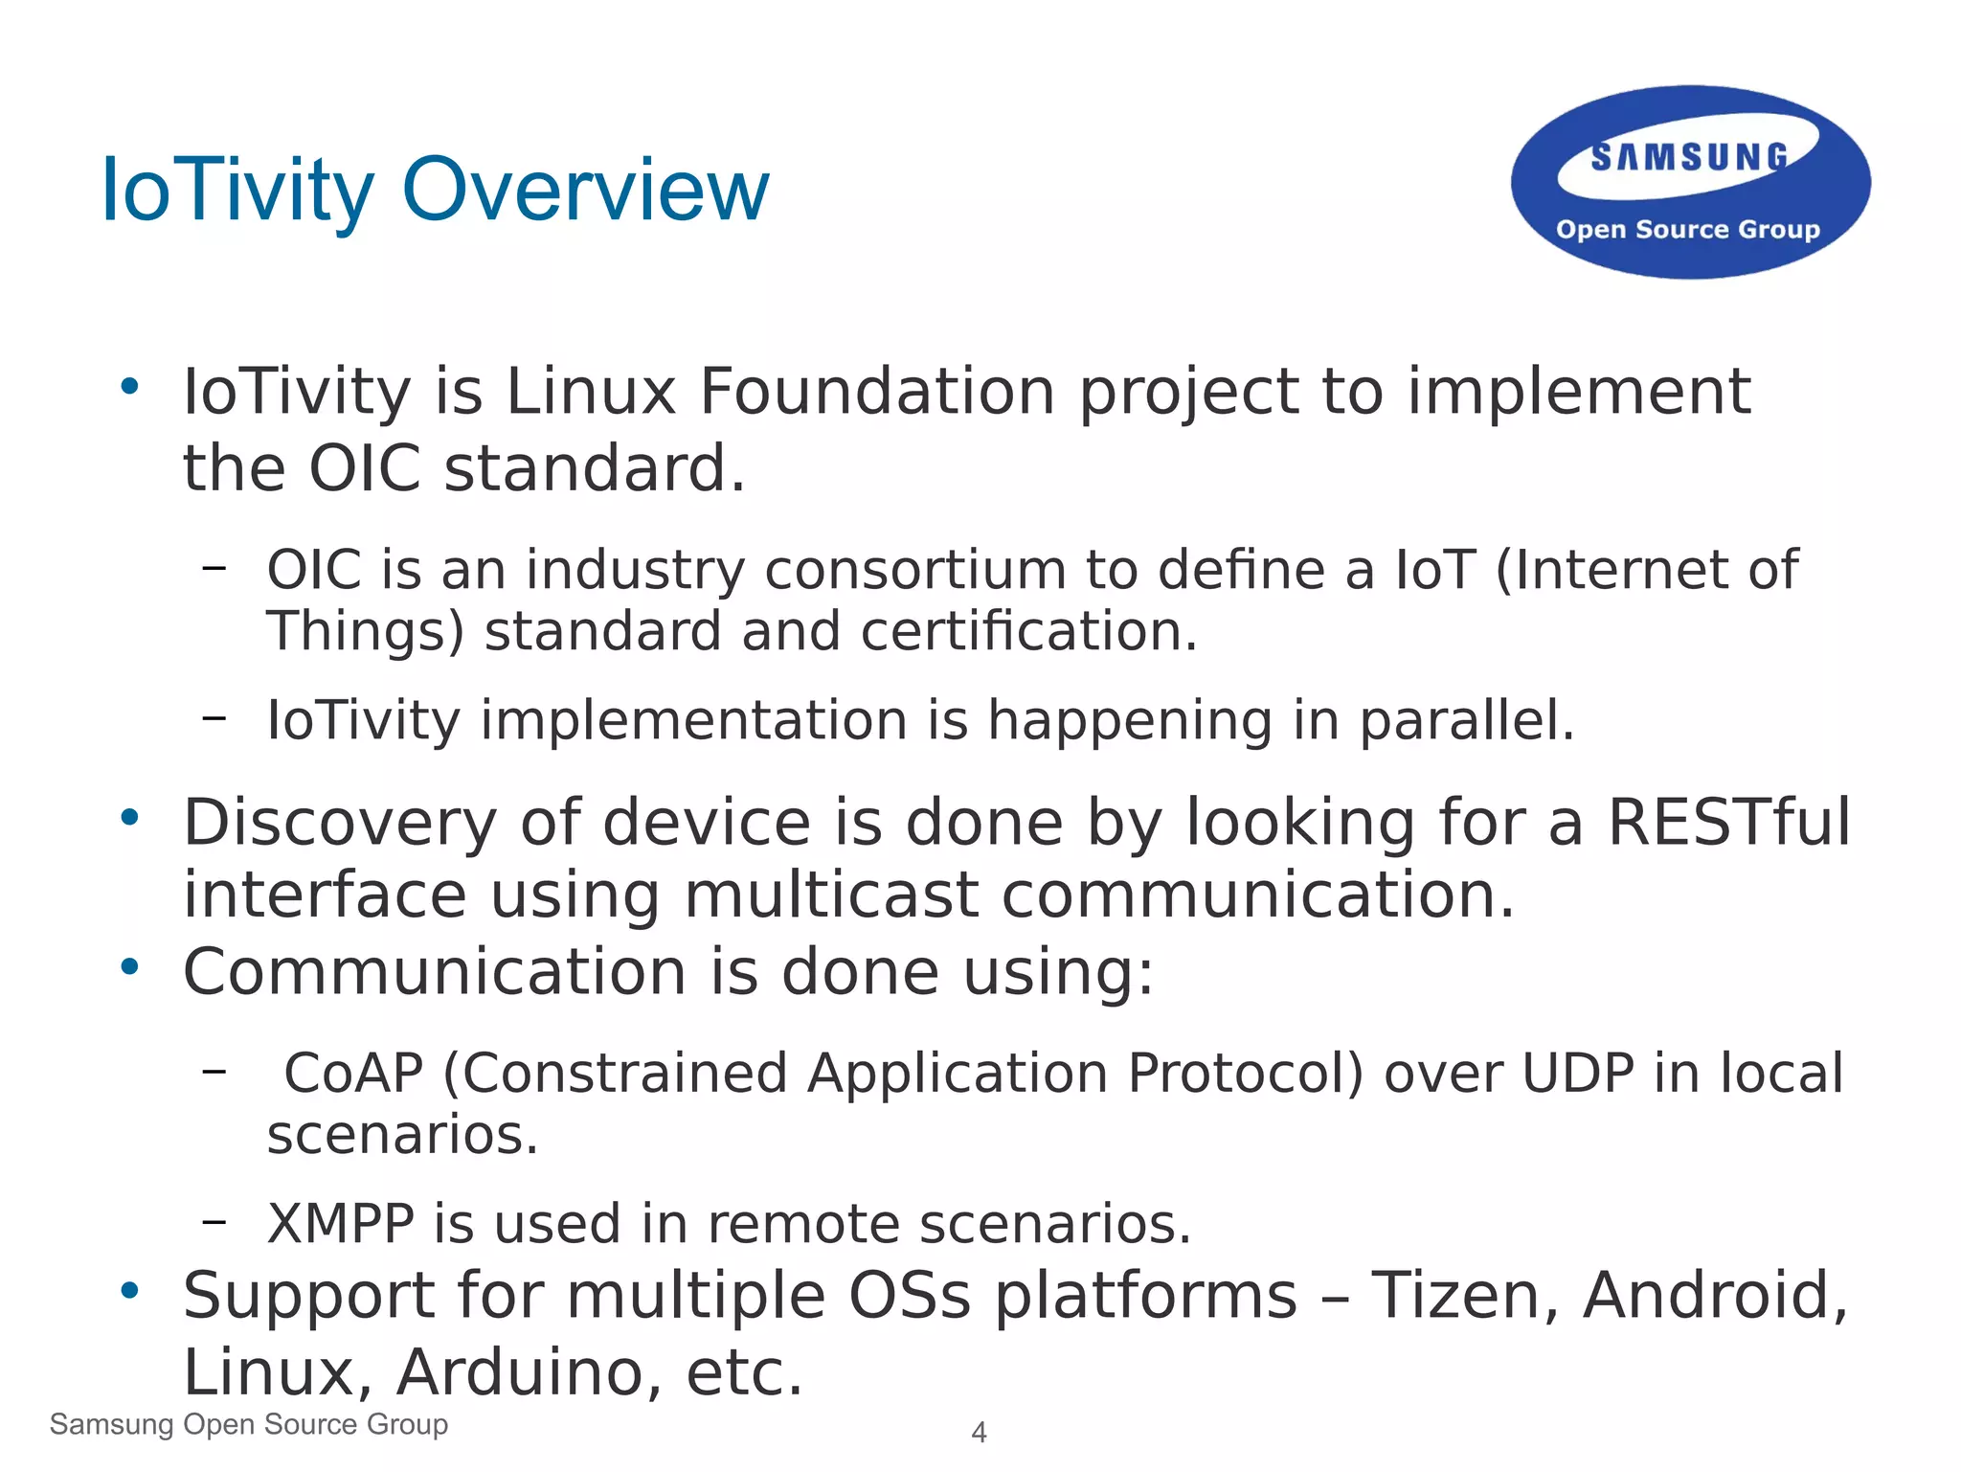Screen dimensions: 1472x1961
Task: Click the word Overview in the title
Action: click(x=585, y=191)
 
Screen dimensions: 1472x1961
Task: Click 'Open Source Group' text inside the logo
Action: click(x=1687, y=230)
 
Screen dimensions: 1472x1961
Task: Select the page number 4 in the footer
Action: click(x=979, y=1432)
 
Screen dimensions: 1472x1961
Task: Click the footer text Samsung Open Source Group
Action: click(x=249, y=1424)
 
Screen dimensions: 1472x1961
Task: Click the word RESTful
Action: click(x=1728, y=823)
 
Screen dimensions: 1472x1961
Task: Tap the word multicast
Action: click(x=831, y=895)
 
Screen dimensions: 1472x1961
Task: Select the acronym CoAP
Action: click(x=353, y=1073)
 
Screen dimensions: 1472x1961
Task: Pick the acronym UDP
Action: click(x=1577, y=1073)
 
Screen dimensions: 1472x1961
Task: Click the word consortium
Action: click(x=914, y=570)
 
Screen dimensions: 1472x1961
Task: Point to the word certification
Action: click(x=1028, y=632)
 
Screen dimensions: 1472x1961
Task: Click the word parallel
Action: click(x=1466, y=720)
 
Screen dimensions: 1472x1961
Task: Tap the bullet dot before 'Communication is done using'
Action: click(x=130, y=967)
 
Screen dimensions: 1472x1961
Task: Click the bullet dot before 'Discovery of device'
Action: click(x=130, y=818)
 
